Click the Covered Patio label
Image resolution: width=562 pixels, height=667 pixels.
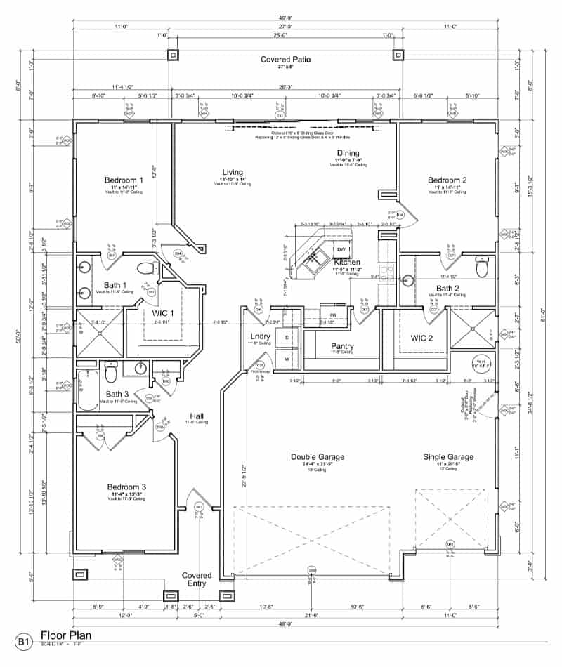pos(285,60)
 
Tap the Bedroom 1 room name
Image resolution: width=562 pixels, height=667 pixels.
pos(124,180)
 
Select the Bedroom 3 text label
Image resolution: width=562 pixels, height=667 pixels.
pos(126,487)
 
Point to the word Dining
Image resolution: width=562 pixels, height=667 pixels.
pos(348,153)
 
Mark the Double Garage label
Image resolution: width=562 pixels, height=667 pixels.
pos(318,457)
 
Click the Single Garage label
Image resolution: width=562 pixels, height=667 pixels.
pos(448,457)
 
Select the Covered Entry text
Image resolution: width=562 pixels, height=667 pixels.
pos(197,580)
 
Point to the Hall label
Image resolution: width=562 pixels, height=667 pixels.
pos(197,416)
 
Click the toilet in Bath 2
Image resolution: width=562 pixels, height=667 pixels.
pos(482,269)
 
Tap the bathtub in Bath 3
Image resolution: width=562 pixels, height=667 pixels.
pos(88,390)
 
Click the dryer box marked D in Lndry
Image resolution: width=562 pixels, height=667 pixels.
pos(287,338)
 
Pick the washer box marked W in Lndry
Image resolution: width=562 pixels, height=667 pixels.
pos(287,359)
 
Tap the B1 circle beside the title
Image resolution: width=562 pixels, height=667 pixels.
pos(24,641)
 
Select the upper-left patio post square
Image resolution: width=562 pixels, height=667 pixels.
pos(173,55)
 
